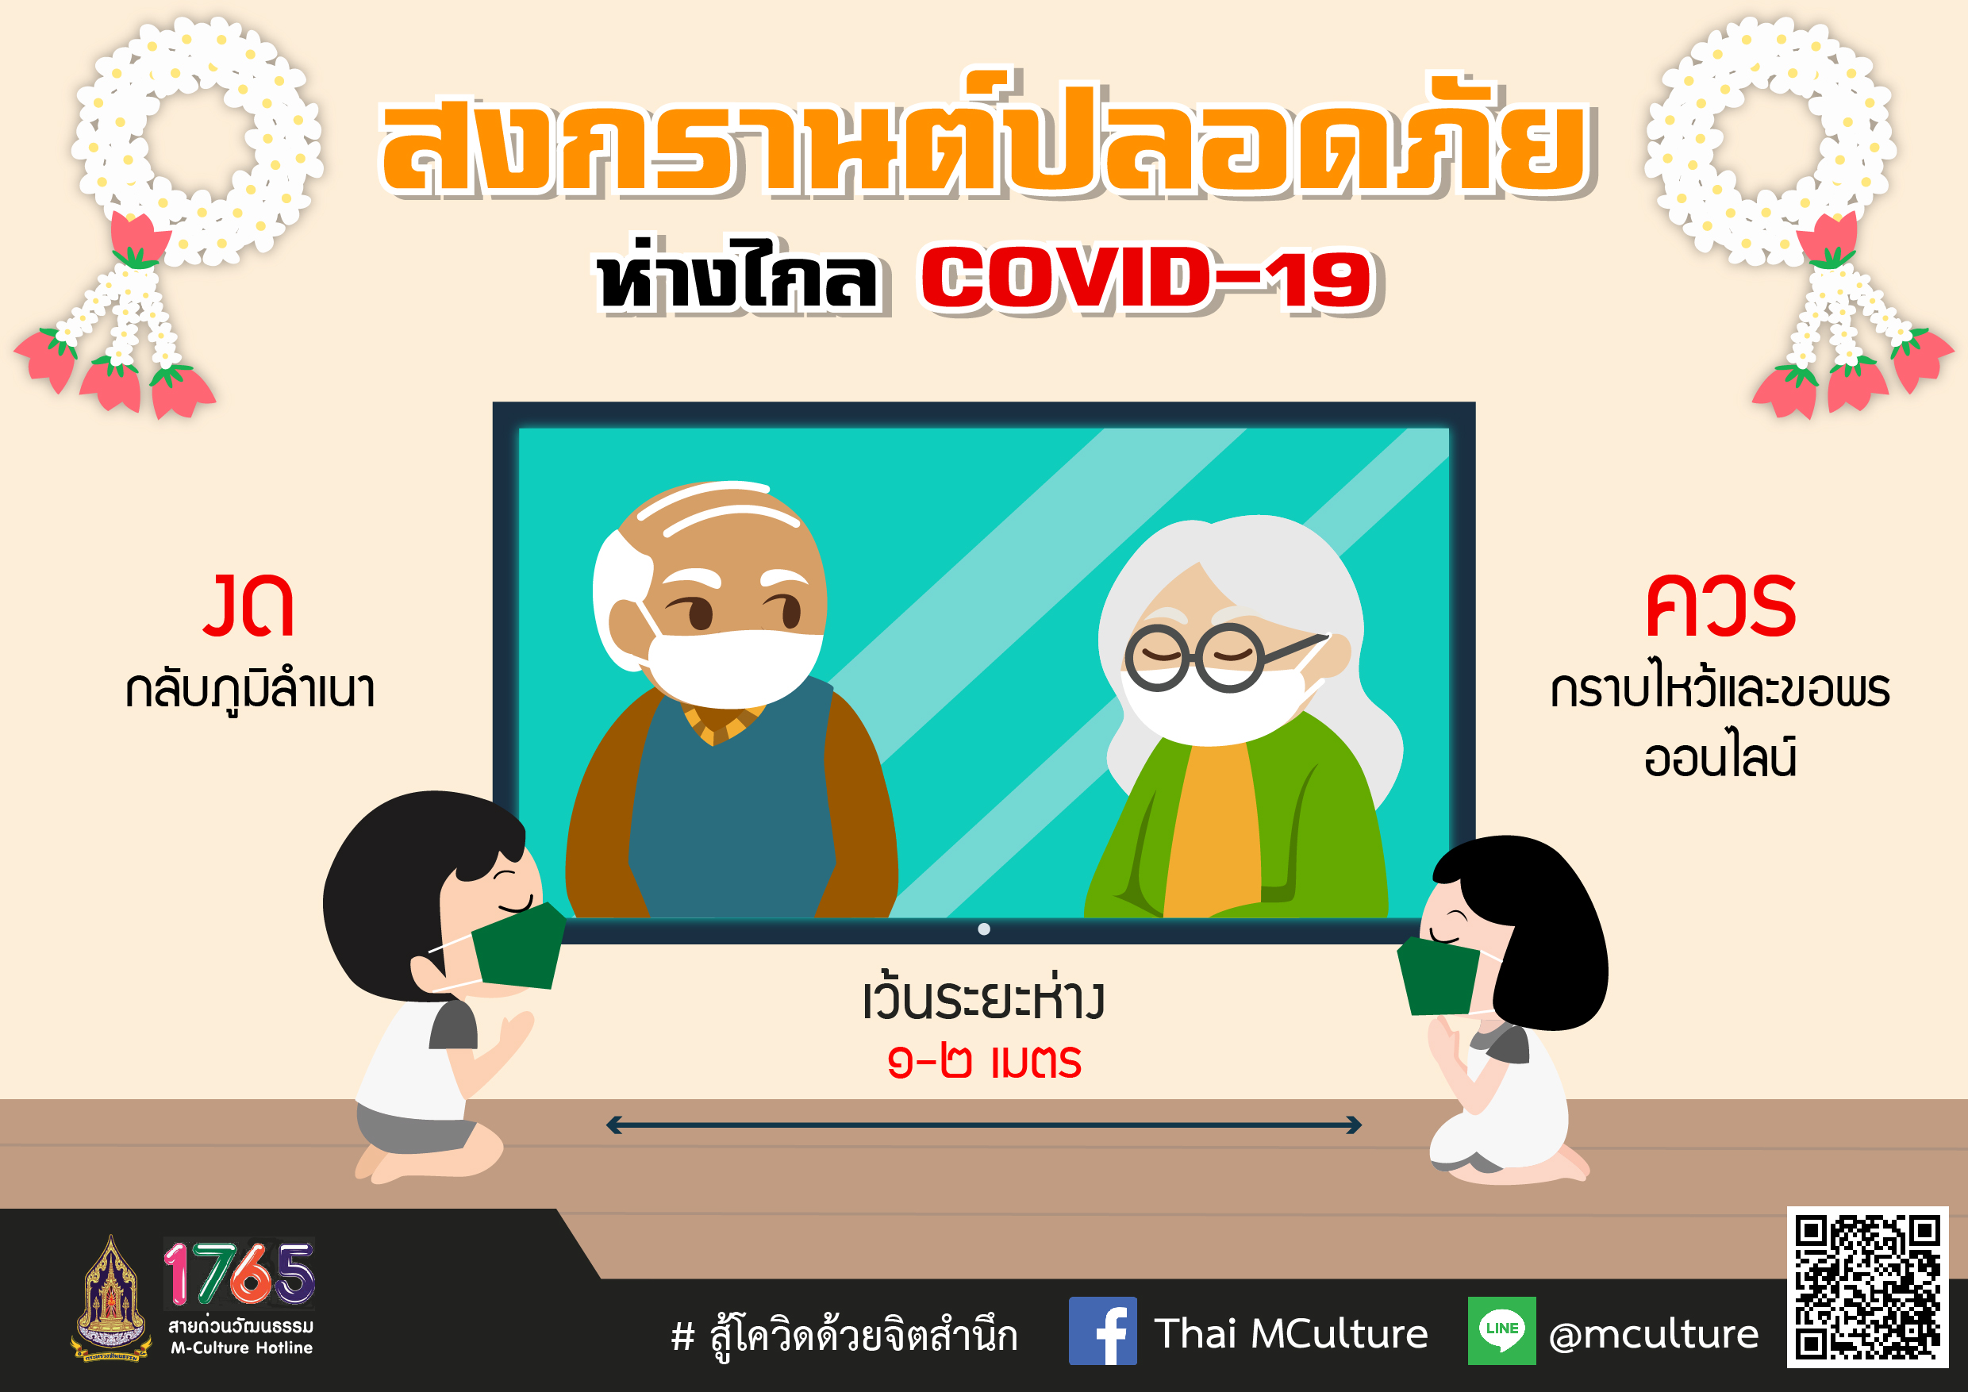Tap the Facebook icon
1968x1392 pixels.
[x=1102, y=1331]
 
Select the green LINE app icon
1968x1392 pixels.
[x=1501, y=1330]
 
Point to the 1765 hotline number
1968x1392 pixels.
[x=239, y=1272]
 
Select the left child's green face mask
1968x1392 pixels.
[x=517, y=946]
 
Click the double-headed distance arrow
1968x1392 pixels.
[x=983, y=1125]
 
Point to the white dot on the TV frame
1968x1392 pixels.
[x=984, y=929]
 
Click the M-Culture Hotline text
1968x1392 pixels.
[x=242, y=1348]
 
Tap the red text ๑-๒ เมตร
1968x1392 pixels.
[x=984, y=1061]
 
